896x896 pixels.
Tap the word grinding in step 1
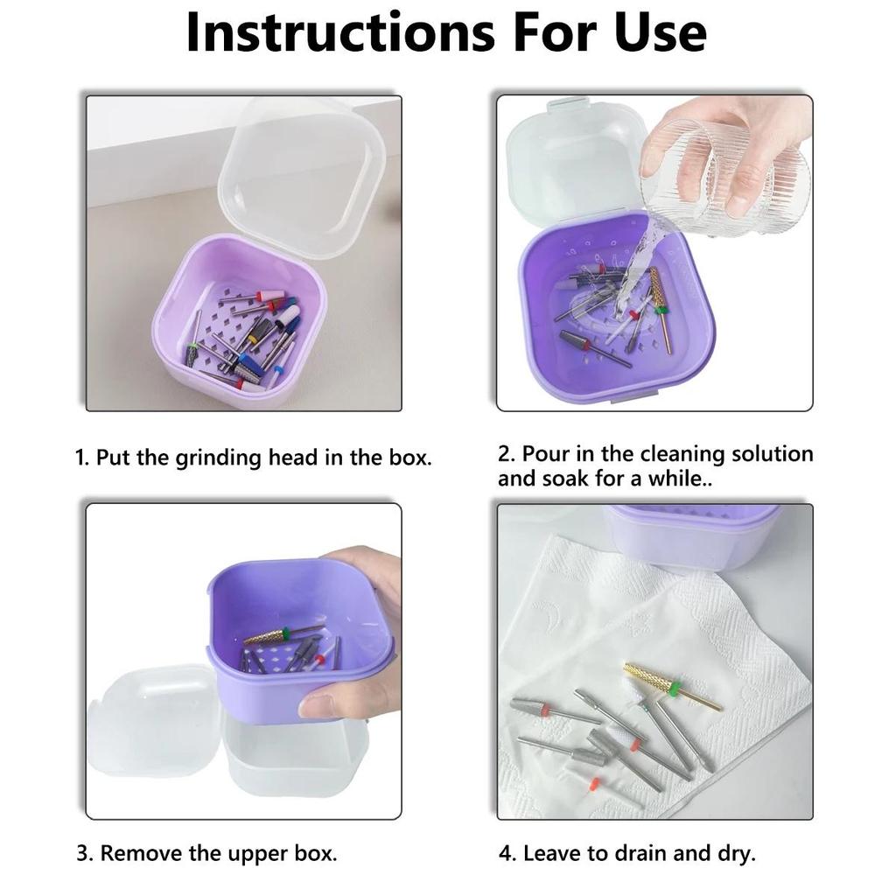point(220,458)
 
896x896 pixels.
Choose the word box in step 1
point(408,458)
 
